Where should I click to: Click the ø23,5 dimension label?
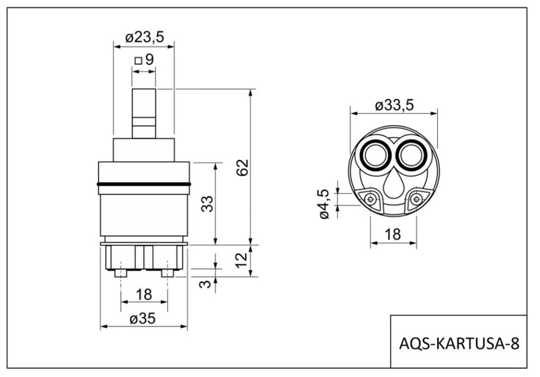[144, 37]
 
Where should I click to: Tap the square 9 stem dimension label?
[144, 60]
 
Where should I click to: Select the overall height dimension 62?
[242, 167]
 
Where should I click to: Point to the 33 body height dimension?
[207, 203]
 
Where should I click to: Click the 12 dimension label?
[242, 259]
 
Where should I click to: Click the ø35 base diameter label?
[142, 318]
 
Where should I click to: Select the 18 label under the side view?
[144, 295]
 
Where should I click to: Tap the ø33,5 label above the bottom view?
[394, 105]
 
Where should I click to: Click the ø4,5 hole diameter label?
[325, 203]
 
